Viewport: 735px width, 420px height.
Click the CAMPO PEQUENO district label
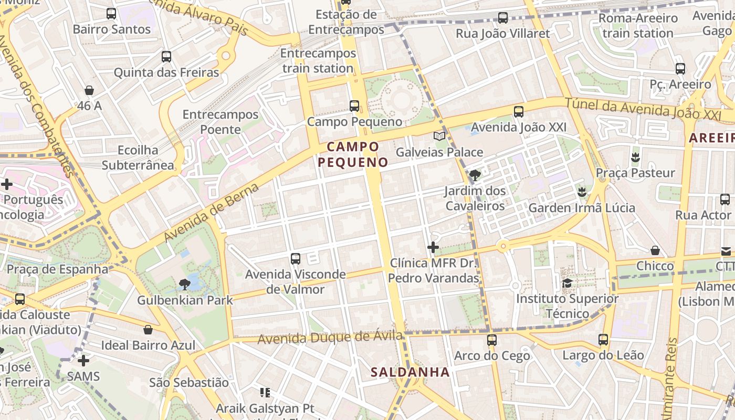[353, 154]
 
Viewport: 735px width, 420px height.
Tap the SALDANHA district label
[410, 372]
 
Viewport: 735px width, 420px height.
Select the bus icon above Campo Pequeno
[354, 106]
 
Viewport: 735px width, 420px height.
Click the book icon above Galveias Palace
[439, 136]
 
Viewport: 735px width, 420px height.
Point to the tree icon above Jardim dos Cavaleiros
[475, 175]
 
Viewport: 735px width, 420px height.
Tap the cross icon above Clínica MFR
[433, 247]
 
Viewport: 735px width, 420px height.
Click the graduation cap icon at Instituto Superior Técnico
[567, 283]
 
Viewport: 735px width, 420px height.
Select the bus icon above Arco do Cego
[492, 340]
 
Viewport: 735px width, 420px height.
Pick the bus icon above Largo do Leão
[603, 340]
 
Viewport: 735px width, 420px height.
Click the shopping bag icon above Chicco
[655, 250]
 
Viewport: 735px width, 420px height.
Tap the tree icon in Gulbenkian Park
[184, 285]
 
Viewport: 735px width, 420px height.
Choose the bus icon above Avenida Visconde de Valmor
[296, 258]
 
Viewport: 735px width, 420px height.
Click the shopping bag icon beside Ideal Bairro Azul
[149, 330]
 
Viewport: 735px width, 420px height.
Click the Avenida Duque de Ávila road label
[330, 338]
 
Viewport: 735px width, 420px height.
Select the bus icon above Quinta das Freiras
[166, 57]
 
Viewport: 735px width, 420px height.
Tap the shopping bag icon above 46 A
[89, 90]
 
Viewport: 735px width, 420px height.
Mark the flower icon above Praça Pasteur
[635, 157]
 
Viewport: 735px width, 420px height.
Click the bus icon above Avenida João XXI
[519, 111]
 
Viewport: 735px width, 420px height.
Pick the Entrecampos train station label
[318, 61]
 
